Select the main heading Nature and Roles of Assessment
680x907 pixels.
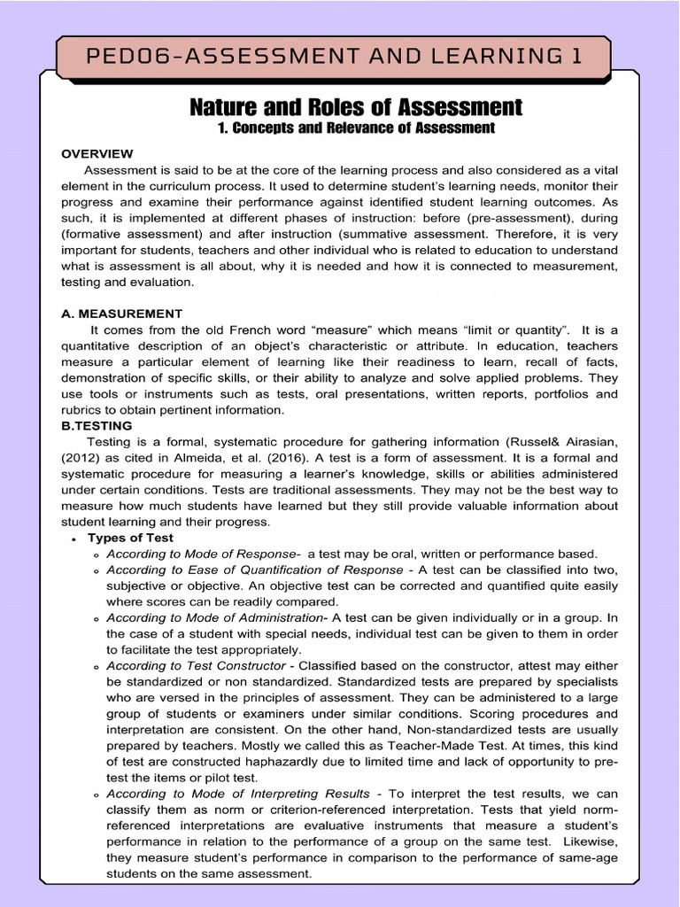tap(356, 107)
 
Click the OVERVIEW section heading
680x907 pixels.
tap(97, 154)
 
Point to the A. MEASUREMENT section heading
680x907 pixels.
tap(121, 314)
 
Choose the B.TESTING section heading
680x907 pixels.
tap(97, 426)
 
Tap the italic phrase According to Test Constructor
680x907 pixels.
tap(196, 665)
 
